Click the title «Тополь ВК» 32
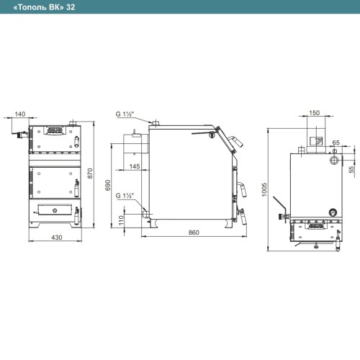tap(44, 7)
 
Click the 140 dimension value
tap(20, 114)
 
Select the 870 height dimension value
tap(90, 173)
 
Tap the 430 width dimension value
tap(57, 237)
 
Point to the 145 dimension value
tap(135, 166)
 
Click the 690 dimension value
tap(108, 185)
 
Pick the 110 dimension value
tap(121, 220)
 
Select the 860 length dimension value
tap(194, 233)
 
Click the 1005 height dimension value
tap(264, 189)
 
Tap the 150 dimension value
tap(314, 112)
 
